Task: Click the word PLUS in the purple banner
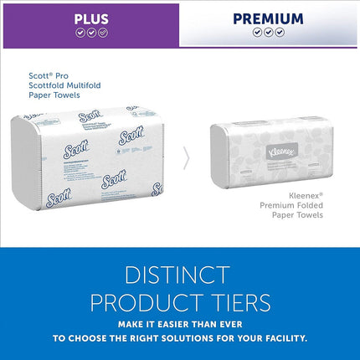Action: coord(90,18)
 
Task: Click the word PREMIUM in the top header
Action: coord(268,18)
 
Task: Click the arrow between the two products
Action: coord(186,157)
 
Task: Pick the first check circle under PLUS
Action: coord(80,33)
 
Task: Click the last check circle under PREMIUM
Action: coord(280,33)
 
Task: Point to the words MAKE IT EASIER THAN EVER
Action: coord(179,324)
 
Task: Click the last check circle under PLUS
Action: coord(102,33)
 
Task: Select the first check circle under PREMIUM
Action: coord(256,33)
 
